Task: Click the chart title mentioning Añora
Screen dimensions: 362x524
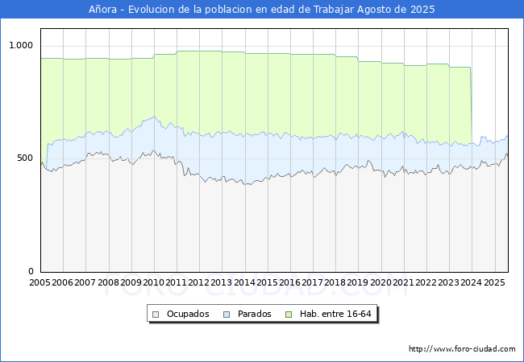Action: (x=262, y=10)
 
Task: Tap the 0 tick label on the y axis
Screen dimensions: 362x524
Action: (x=31, y=272)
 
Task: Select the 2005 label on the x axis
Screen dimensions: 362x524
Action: (x=40, y=283)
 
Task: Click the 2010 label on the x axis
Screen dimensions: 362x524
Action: (x=153, y=283)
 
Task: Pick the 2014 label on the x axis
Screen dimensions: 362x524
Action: (x=244, y=283)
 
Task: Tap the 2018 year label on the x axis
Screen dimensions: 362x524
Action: (x=335, y=283)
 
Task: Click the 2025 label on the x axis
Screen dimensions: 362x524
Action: (x=494, y=283)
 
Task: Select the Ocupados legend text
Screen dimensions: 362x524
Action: (x=187, y=314)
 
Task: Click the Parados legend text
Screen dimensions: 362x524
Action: (x=255, y=314)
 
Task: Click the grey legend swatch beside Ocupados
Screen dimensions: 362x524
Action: (x=156, y=314)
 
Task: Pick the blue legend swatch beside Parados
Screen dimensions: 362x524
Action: (x=227, y=314)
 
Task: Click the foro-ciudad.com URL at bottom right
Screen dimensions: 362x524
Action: (x=462, y=349)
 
